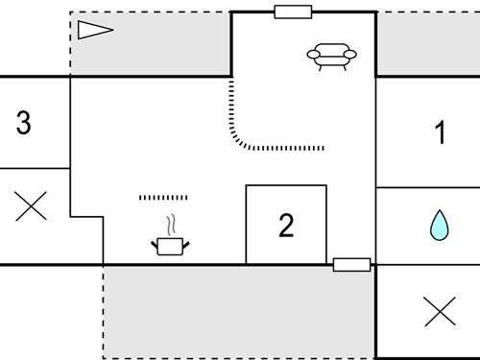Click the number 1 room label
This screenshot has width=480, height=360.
click(441, 132)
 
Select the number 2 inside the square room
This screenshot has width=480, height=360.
click(286, 226)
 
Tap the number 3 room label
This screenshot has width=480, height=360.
click(25, 123)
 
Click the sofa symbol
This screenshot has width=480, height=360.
click(332, 57)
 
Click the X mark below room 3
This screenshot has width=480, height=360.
click(32, 205)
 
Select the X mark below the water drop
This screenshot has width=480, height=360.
click(439, 311)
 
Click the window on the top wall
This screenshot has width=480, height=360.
click(293, 12)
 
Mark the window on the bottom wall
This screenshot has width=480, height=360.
click(351, 264)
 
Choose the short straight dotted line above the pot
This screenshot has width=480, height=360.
click(163, 198)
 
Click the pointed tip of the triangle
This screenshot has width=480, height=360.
click(113, 30)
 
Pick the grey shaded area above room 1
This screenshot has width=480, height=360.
click(427, 44)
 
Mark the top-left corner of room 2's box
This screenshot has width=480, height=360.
click(247, 186)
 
